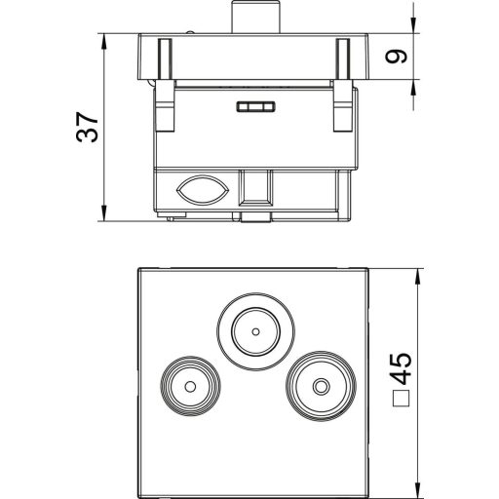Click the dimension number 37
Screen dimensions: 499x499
(88, 127)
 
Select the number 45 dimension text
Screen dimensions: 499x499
(400, 369)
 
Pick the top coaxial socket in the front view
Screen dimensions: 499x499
(254, 330)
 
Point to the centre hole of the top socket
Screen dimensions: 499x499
(254, 331)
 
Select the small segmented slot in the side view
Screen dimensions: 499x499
(255, 108)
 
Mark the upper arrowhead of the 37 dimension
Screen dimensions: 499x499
(103, 41)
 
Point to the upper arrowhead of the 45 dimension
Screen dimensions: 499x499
(418, 274)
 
